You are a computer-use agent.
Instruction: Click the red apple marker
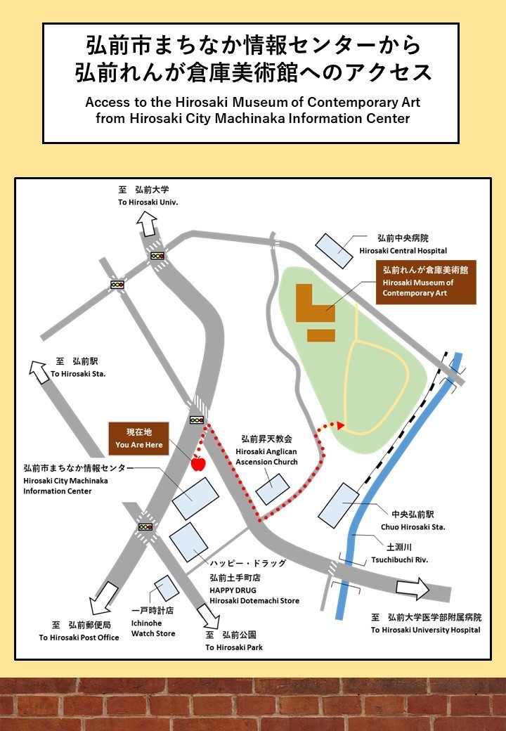tap(198, 462)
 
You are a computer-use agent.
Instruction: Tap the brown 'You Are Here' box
tap(139, 438)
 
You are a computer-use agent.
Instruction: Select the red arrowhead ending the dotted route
tap(341, 425)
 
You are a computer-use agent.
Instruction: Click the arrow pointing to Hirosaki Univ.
tap(148, 224)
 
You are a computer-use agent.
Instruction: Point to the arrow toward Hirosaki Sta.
tap(39, 372)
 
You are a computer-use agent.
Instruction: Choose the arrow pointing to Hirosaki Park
tap(209, 616)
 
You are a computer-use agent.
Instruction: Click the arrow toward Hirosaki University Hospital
tap(413, 588)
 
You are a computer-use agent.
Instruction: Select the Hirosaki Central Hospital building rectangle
tap(334, 251)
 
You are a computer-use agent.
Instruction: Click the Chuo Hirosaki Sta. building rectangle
tap(339, 505)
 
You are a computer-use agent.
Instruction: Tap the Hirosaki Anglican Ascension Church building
tap(273, 489)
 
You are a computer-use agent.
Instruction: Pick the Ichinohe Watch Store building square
tap(167, 588)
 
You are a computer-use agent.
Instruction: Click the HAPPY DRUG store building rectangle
tap(189, 542)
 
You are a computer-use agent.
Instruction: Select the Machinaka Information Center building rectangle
tap(195, 498)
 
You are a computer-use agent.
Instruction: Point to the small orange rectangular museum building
tap(321, 336)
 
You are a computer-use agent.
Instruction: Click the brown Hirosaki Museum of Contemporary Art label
tap(426, 282)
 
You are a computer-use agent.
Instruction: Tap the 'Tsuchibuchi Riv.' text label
tap(399, 560)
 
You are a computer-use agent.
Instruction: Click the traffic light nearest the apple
tap(197, 420)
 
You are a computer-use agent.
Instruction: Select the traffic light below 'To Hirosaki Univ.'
tap(157, 255)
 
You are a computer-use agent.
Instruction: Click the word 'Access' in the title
tap(107, 102)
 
